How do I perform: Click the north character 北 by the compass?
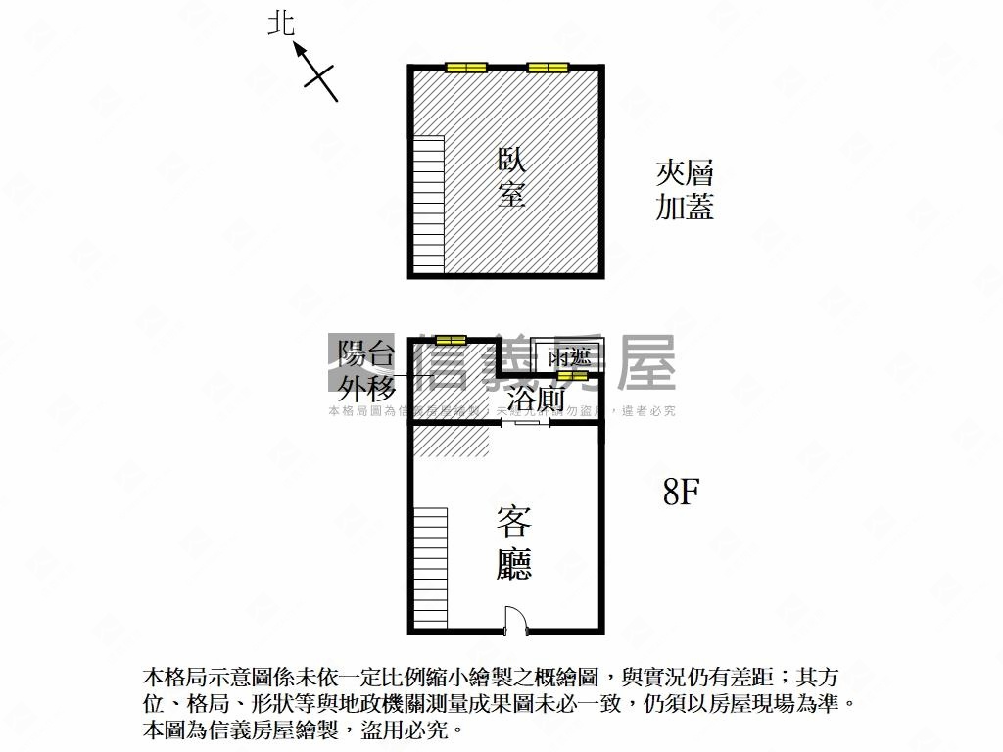[281, 23]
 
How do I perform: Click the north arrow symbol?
[315, 70]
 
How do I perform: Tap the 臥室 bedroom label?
[511, 177]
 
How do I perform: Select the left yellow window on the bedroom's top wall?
[466, 68]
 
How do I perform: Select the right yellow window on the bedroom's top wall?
[548, 68]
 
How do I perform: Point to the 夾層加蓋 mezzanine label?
[685, 191]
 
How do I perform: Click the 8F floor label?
[680, 492]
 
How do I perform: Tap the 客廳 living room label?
[513, 542]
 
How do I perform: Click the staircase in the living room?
[429, 568]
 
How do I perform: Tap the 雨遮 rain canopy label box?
[562, 356]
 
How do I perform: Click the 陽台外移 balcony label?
[367, 370]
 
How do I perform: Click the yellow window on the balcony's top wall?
[451, 340]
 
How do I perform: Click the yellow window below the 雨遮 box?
[572, 375]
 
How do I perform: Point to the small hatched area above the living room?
[450, 442]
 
